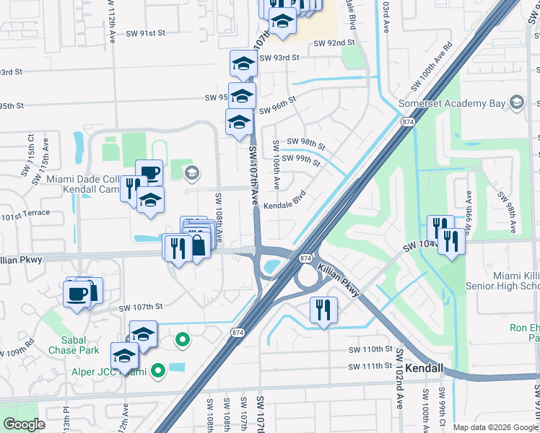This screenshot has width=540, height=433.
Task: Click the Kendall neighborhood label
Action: (x=424, y=368)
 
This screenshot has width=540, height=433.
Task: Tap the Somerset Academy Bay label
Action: (x=453, y=104)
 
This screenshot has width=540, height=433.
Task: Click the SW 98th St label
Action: (x=306, y=141)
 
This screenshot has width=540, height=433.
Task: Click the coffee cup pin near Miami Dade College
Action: (x=149, y=172)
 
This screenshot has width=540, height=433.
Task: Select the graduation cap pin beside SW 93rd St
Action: (x=243, y=65)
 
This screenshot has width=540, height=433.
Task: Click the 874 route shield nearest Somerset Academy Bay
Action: (x=409, y=123)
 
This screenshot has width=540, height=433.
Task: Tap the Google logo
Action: (x=23, y=424)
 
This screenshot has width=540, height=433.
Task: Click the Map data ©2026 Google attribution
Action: (x=495, y=427)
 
